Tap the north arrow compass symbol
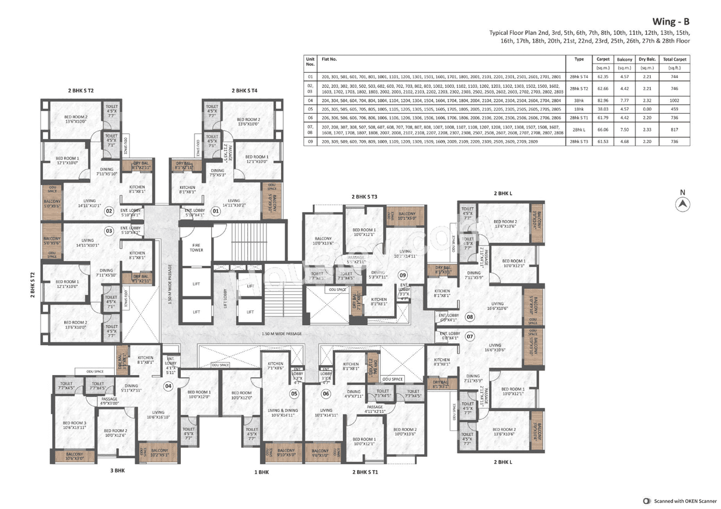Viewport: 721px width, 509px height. [x=683, y=205]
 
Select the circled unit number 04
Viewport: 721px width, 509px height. [x=168, y=386]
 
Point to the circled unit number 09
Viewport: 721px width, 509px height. [x=403, y=275]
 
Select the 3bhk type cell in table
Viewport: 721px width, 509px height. [x=579, y=100]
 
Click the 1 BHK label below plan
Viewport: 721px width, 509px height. [x=261, y=472]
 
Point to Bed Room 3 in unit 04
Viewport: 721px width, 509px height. [x=74, y=425]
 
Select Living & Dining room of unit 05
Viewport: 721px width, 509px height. [x=283, y=413]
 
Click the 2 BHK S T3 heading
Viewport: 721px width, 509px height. [x=364, y=197]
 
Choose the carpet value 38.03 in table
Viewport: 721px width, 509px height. [x=603, y=109]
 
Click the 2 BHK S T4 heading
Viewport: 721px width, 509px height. [x=244, y=91]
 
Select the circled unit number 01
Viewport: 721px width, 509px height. [x=215, y=211]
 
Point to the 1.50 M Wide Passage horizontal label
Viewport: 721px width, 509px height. [x=282, y=334]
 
